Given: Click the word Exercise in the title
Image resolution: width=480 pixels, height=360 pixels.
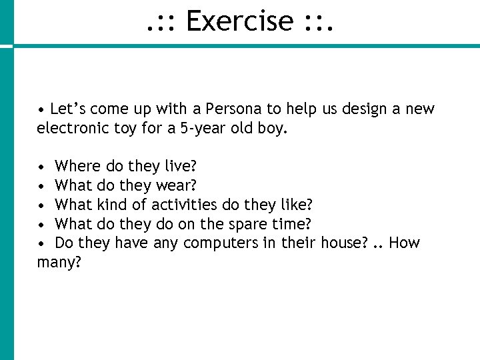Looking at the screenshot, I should [239, 21].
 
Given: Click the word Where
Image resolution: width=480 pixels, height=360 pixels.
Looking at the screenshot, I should [77, 165].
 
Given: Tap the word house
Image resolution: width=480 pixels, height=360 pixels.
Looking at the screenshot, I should [343, 243].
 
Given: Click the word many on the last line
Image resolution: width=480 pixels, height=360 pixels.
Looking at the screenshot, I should [58, 263].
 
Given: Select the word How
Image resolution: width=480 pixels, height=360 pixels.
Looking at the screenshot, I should [404, 243].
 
